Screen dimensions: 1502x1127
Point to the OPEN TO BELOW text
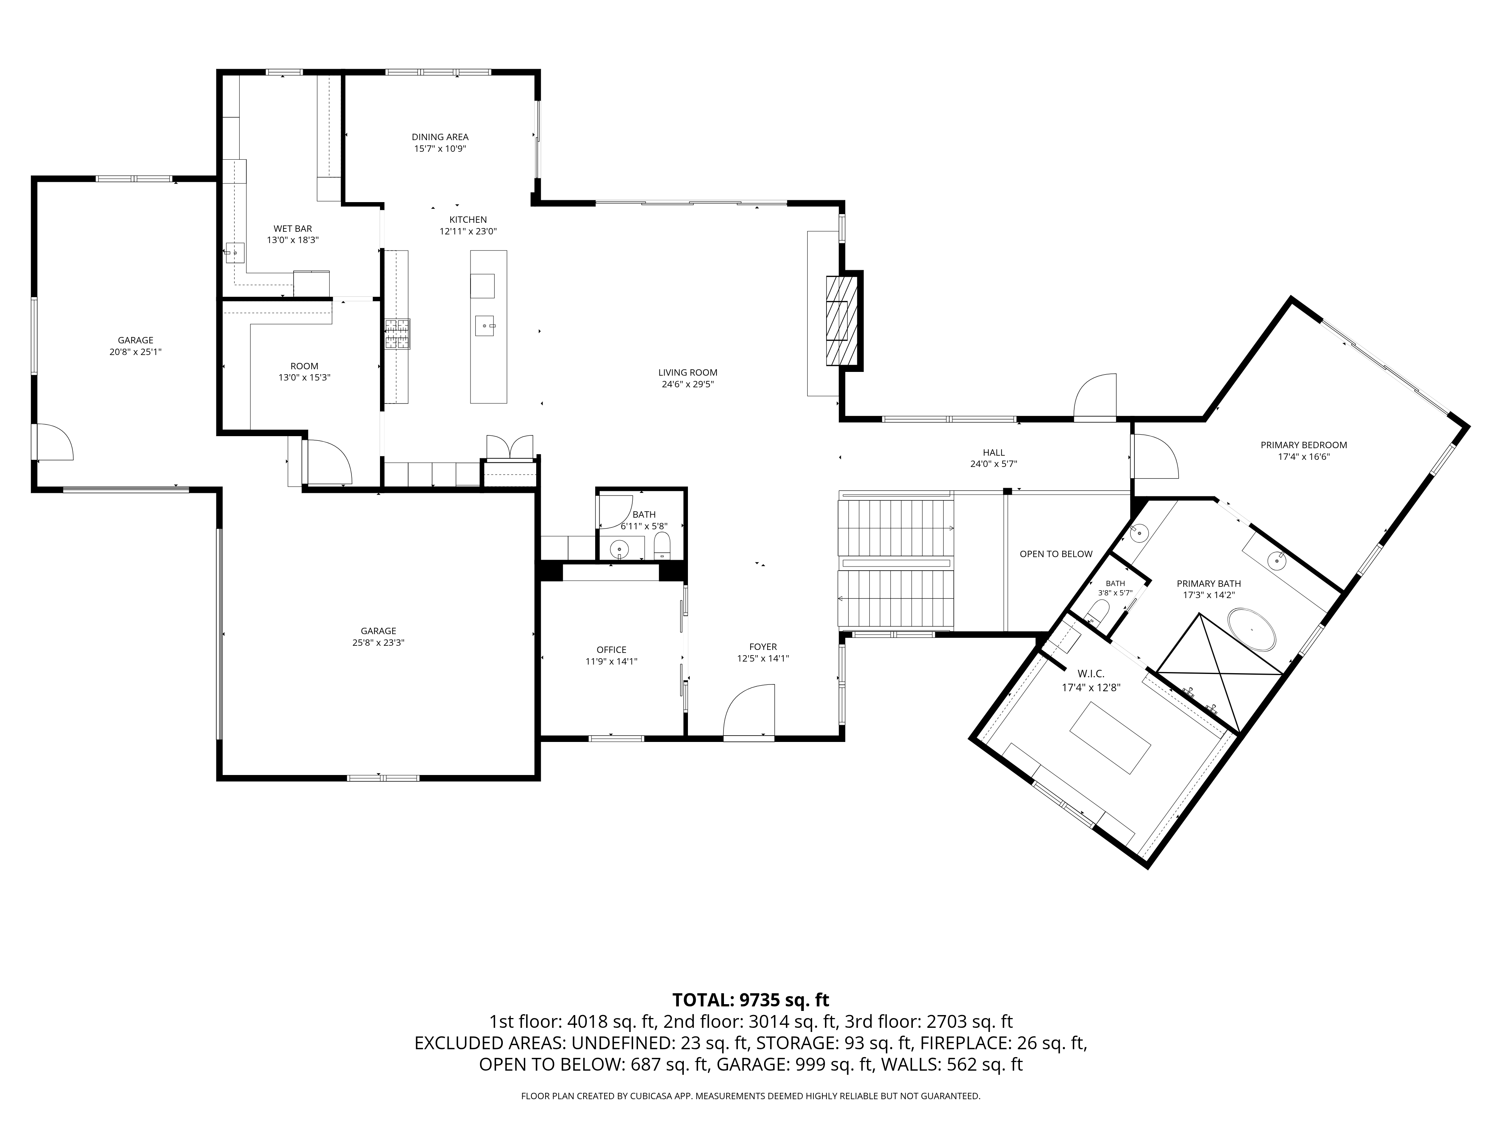(x=1056, y=554)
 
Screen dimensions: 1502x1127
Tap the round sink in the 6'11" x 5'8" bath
(x=619, y=548)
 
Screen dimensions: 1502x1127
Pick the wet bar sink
(x=234, y=253)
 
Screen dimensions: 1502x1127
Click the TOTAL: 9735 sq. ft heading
(x=750, y=1000)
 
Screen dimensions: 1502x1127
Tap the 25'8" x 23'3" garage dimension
(x=378, y=643)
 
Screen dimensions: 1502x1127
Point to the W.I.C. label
(x=1090, y=674)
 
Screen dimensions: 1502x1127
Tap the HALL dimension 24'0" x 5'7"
(x=994, y=464)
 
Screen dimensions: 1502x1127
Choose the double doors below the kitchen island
(x=511, y=448)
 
